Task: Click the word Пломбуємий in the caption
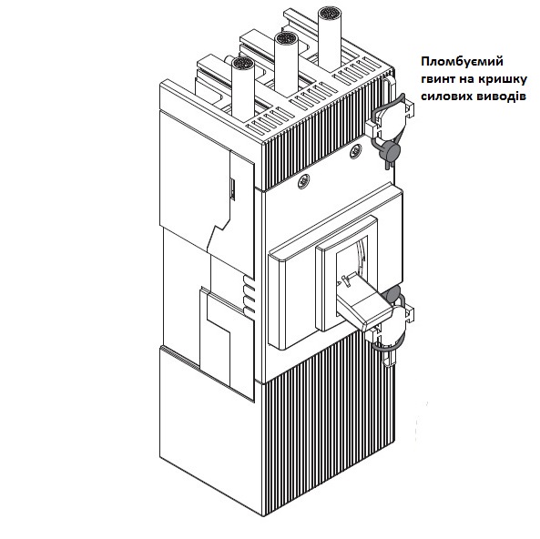pyautogui.click(x=462, y=62)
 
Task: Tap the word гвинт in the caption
pyautogui.click(x=437, y=79)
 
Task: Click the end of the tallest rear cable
pyautogui.click(x=330, y=15)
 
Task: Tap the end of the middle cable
pyautogui.click(x=286, y=40)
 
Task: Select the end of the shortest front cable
pyautogui.click(x=243, y=65)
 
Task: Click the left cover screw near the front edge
pyautogui.click(x=304, y=181)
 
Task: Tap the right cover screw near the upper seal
pyautogui.click(x=356, y=151)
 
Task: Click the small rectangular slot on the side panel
pyautogui.click(x=233, y=189)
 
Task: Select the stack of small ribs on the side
pyautogui.click(x=249, y=295)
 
